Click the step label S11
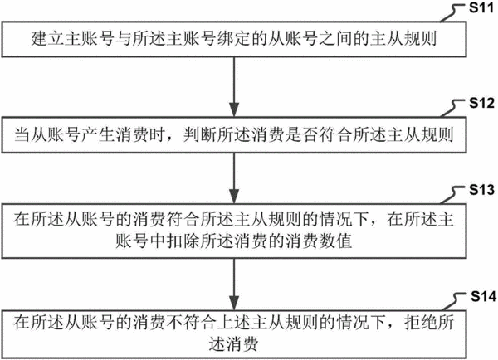pos(481,7)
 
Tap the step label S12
pos(481,103)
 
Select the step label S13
pos(481,189)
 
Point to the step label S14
pos(483,296)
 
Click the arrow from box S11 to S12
pos(234,87)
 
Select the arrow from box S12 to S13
pos(234,178)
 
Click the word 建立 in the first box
pos(47,39)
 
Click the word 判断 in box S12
pos(200,134)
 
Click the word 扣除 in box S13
pos(183,241)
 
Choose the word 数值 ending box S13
pos(335,241)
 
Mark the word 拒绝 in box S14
pos(421,323)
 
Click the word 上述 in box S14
pos(234,323)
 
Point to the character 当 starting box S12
pos(22,134)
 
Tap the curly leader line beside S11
pos(454,13)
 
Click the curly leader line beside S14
pos(455,302)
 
